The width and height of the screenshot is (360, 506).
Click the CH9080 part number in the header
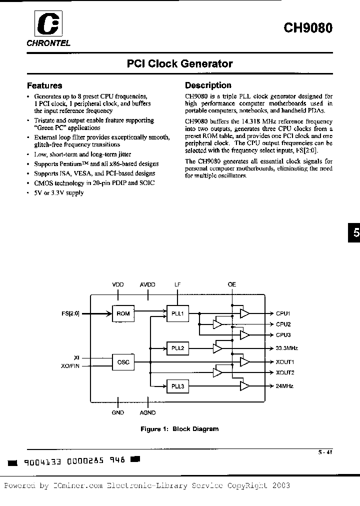click(308, 27)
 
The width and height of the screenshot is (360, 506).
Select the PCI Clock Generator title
click(179, 64)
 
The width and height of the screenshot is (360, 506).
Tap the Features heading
click(44, 85)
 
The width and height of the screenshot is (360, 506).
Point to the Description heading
click(208, 85)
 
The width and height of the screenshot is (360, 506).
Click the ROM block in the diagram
click(123, 313)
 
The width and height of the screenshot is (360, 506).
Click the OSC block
click(123, 362)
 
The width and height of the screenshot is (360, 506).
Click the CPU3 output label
click(283, 334)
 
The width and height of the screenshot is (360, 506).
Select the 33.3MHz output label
click(287, 348)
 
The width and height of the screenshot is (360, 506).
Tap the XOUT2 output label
click(285, 372)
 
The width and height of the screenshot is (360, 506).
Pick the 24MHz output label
click(284, 386)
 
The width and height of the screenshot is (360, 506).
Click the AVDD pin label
click(147, 284)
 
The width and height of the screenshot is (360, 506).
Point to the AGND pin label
click(147, 412)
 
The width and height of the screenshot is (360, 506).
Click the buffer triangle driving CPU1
click(245, 313)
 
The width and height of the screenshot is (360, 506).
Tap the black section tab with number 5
click(355, 233)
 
